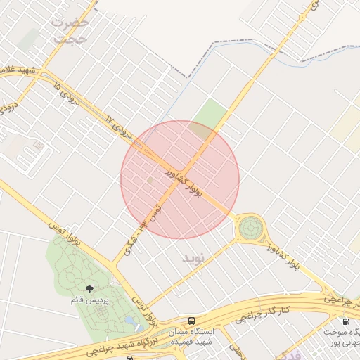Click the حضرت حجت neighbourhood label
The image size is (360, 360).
pos(70,30)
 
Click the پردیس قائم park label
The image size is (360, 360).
pos(89,301)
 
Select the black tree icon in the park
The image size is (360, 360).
pos(89,289)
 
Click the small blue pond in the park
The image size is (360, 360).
pos(130,321)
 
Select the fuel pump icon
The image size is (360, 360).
pos(344,322)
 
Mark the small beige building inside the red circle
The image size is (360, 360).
pos(150,181)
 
